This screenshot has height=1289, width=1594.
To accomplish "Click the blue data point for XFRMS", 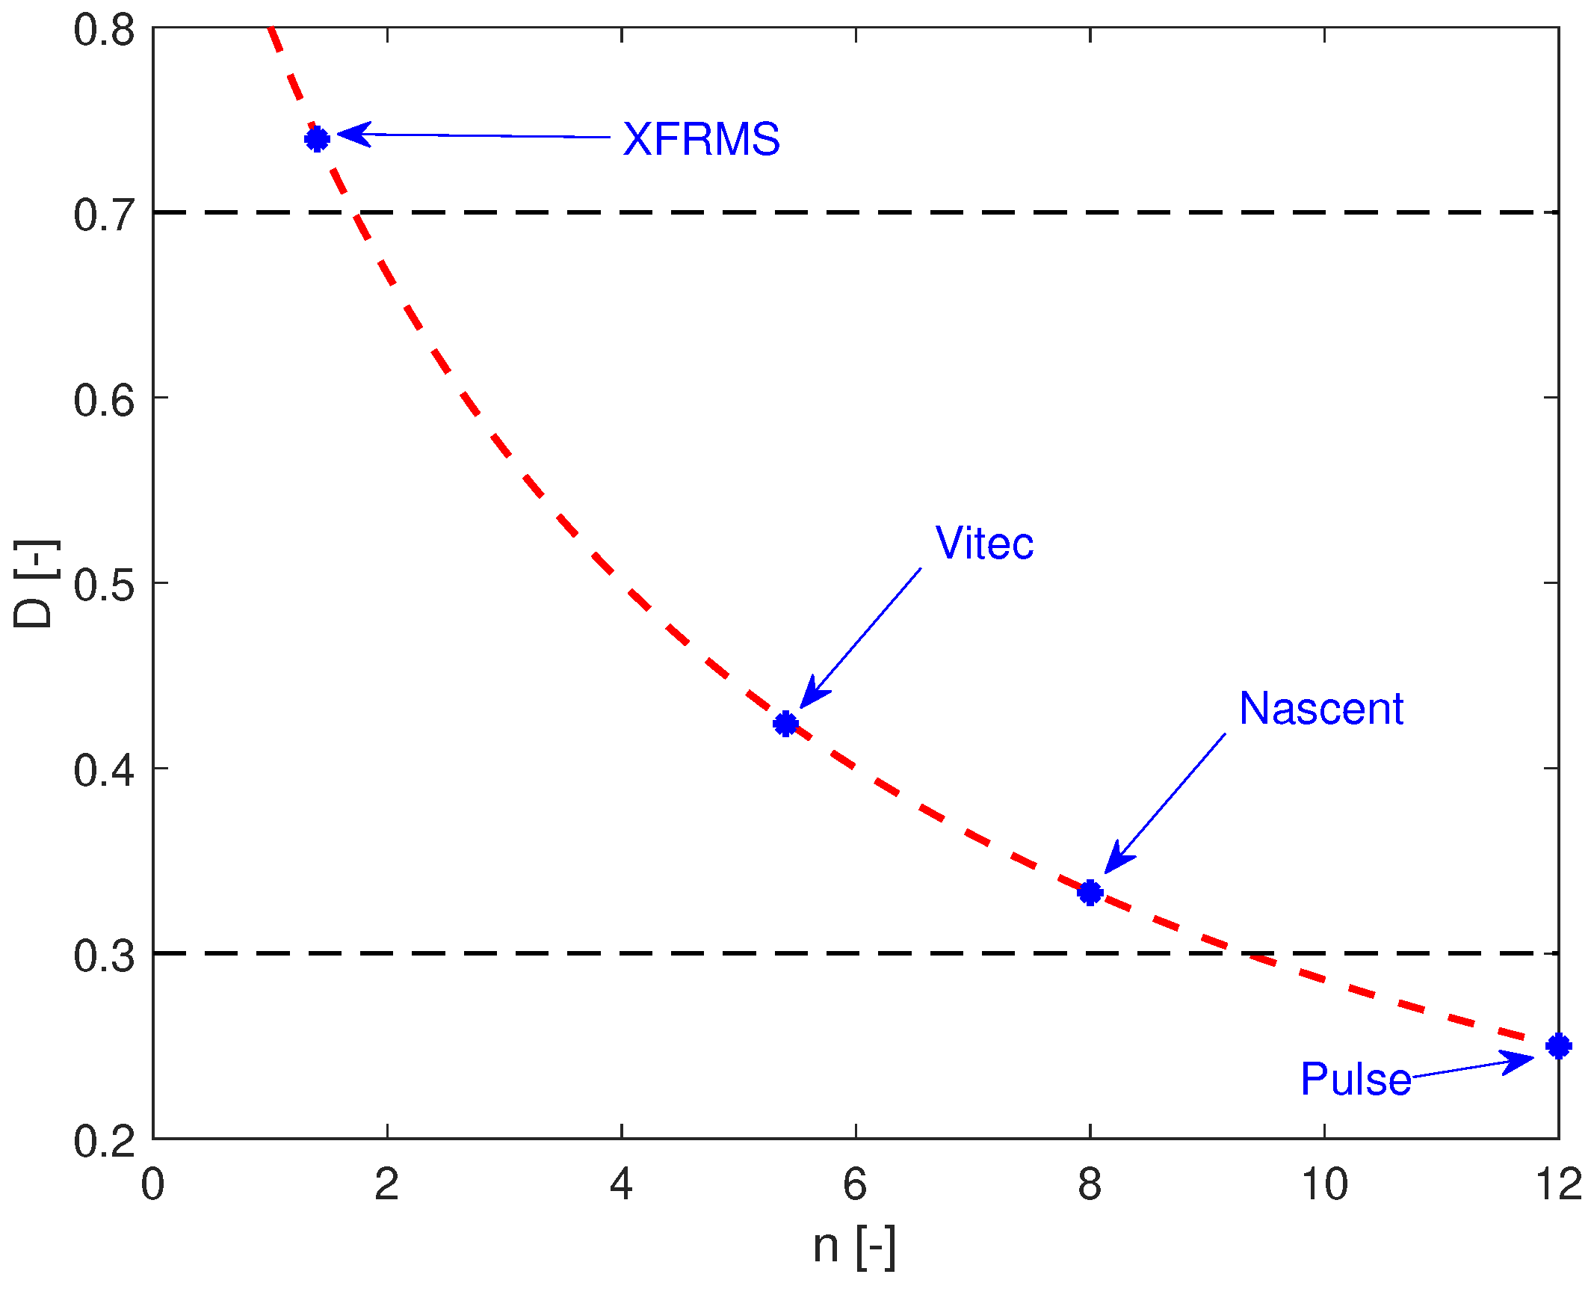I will (317, 139).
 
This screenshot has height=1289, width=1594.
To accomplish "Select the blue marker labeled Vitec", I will (785, 724).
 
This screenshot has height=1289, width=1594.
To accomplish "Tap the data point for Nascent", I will (1090, 892).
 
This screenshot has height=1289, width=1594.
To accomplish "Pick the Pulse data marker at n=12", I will (1558, 1046).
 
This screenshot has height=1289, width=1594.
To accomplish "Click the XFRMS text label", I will (701, 139).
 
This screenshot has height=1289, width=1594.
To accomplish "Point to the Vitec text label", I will (984, 543).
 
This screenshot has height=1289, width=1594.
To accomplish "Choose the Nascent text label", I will (1320, 708).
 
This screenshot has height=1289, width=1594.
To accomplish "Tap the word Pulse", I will (1356, 1079).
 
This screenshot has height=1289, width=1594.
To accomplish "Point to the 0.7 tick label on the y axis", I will (104, 215).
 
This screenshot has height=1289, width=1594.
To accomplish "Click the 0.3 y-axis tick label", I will (104, 956).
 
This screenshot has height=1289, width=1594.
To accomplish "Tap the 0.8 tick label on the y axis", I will (104, 31).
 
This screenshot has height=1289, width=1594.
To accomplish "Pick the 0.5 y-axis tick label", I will (104, 585).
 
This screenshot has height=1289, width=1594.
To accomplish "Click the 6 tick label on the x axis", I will (855, 1184).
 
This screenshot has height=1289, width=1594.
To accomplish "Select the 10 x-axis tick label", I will (1324, 1184).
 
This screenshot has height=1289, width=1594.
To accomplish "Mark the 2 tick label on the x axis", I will (386, 1184).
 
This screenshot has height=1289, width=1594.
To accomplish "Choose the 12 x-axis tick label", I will (1558, 1184).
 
